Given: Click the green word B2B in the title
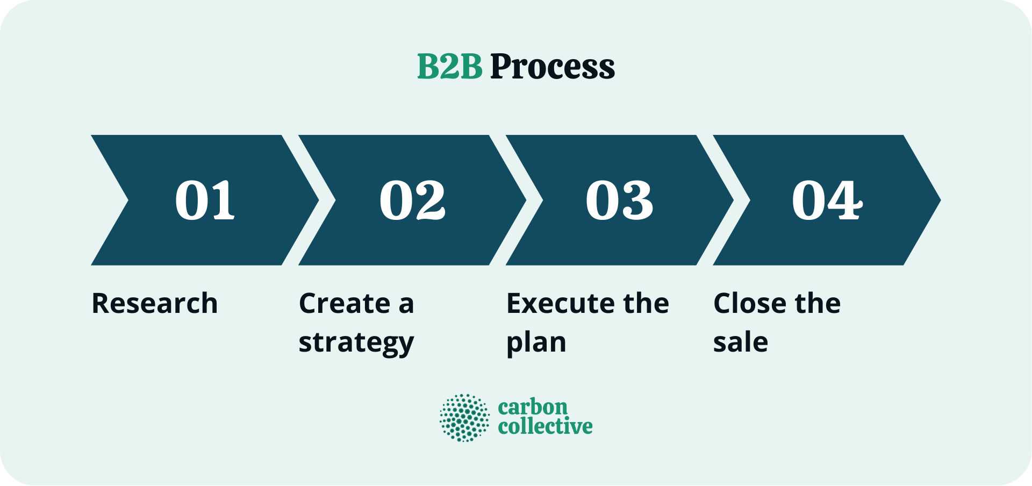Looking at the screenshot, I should pyautogui.click(x=449, y=67).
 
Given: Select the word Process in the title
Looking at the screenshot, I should pyautogui.click(x=553, y=67).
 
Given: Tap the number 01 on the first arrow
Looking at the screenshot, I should pyautogui.click(x=205, y=200).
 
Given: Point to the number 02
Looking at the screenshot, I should pyautogui.click(x=412, y=200).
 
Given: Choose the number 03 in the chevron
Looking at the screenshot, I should pyautogui.click(x=619, y=200).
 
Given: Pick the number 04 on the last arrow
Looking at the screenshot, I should pyautogui.click(x=827, y=200).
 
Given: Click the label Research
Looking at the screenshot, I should pyautogui.click(x=155, y=303).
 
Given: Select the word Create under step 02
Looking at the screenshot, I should pyautogui.click(x=345, y=303).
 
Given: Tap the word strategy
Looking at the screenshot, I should pyautogui.click(x=356, y=342).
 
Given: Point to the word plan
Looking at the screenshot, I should pyautogui.click(x=536, y=342).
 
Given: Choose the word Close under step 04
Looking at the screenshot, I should pyautogui.click(x=749, y=303).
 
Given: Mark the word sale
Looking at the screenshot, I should pyautogui.click(x=741, y=342).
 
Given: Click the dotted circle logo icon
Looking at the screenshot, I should pyautogui.click(x=464, y=418).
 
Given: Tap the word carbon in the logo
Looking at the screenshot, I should pyautogui.click(x=533, y=407).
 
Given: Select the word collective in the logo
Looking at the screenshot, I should pyautogui.click(x=545, y=426).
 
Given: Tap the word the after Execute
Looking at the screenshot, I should pyautogui.click(x=646, y=303).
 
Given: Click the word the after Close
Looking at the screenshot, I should pyautogui.click(x=818, y=303).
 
